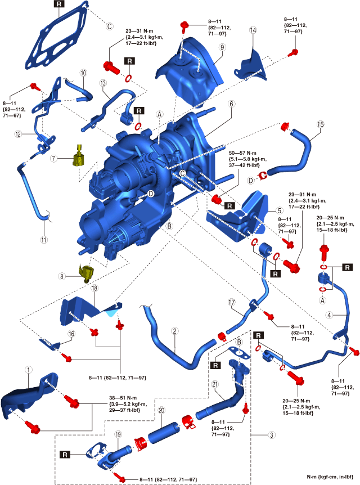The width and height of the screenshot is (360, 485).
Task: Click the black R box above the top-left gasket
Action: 59,4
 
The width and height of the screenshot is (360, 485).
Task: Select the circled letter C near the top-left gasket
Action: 110,26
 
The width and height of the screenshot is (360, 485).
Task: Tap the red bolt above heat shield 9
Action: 184,25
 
